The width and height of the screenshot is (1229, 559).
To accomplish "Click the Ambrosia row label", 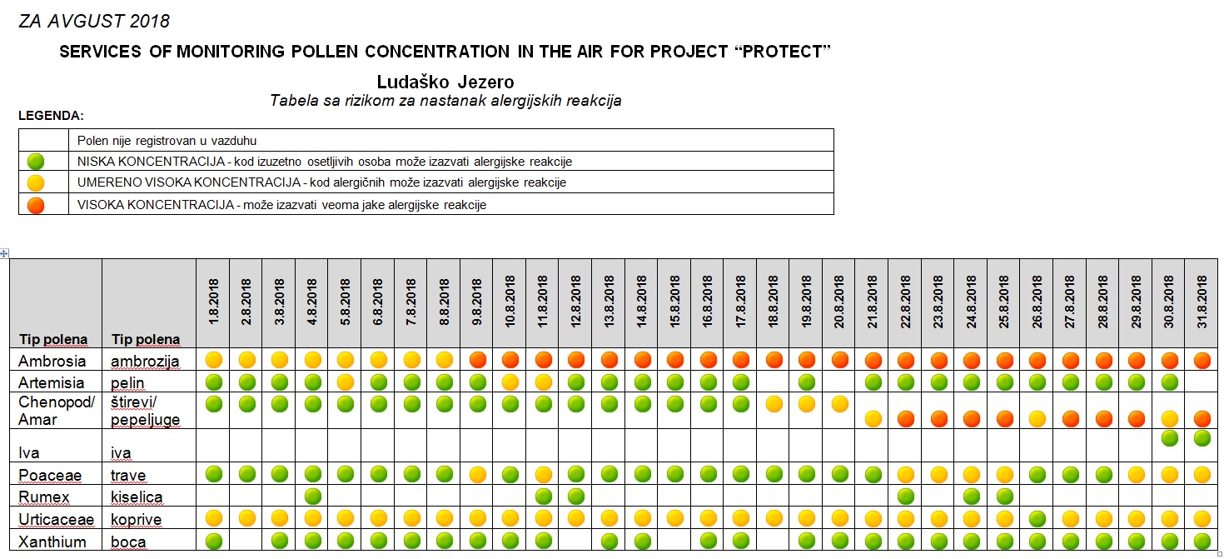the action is [x=52, y=361].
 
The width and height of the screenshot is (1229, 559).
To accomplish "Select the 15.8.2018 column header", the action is [x=674, y=302].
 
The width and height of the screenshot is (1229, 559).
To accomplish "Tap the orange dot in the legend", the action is [x=36, y=205].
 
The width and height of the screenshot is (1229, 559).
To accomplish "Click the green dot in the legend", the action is [x=36, y=162].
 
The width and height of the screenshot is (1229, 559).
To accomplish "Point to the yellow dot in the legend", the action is [x=36, y=182].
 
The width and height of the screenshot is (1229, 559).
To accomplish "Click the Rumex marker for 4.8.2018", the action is [x=313, y=497].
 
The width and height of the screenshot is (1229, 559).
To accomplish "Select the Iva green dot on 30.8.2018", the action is [x=1169, y=437].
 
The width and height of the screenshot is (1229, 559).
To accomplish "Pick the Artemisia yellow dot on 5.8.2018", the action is [x=346, y=382].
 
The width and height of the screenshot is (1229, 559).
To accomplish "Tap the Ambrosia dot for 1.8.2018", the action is [x=214, y=360].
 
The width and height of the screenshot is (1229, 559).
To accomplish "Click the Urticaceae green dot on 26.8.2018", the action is [x=1037, y=518].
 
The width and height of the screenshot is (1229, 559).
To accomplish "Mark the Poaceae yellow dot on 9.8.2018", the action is [x=477, y=474].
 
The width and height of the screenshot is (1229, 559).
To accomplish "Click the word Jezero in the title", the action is [x=485, y=82].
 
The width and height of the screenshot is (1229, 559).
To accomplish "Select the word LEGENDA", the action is [x=51, y=116].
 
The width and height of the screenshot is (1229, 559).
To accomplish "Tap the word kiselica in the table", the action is [x=137, y=497].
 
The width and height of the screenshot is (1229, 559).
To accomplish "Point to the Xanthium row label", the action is [x=52, y=542].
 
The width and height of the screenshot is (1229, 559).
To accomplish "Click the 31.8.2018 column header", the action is [x=1202, y=302].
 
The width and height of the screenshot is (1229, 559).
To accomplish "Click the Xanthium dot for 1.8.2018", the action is [x=214, y=541].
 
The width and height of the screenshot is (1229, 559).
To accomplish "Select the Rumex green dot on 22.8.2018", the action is [x=905, y=497].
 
